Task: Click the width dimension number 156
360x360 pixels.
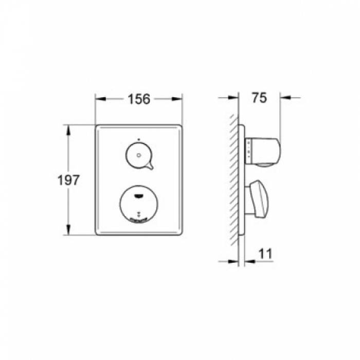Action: point(138,99)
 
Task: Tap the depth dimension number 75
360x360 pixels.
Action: point(260,98)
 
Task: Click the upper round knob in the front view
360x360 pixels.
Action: point(138,155)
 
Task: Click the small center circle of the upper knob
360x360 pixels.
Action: point(138,154)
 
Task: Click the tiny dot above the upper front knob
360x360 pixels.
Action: point(138,139)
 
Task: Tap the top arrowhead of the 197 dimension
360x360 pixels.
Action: point(67,128)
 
